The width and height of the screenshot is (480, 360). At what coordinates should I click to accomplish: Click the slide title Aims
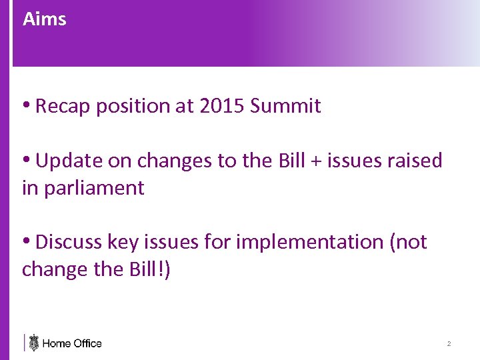tap(44, 19)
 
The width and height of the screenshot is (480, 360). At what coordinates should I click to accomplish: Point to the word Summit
tap(286, 106)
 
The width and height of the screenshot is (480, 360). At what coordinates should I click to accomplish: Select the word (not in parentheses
tap(407, 242)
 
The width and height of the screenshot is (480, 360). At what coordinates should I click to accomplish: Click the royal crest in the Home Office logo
tap(34, 343)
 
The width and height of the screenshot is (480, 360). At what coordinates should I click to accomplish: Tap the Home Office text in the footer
tap(72, 343)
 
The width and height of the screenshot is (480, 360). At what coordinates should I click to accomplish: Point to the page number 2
tap(449, 344)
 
